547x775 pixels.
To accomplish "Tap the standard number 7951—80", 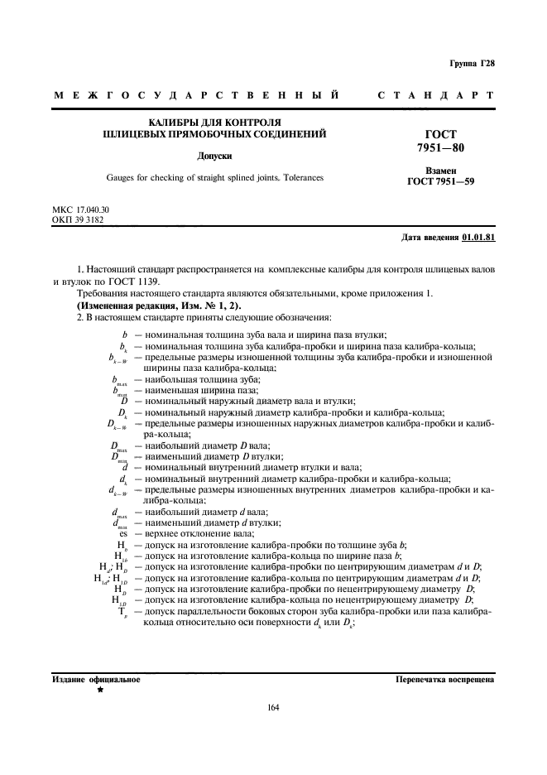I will click(x=440, y=147).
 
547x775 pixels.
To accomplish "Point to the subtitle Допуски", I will click(x=214, y=155).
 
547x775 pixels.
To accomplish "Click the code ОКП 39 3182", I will click(x=77, y=220).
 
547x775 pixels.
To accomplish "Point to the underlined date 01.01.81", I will click(x=478, y=238).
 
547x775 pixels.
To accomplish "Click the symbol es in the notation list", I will click(x=121, y=533).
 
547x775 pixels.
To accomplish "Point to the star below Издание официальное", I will click(x=100, y=690).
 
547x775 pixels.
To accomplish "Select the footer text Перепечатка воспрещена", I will click(x=445, y=679).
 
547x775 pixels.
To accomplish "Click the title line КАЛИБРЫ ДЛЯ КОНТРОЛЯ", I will click(x=214, y=121).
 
